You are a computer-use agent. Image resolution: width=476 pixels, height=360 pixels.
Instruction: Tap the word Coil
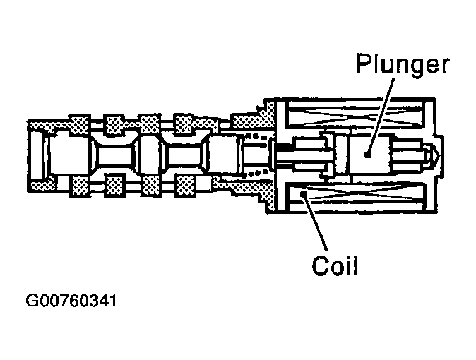335,267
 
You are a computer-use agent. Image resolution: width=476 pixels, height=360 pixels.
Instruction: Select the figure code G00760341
71,302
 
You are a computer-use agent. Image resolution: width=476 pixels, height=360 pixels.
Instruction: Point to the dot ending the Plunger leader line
368,152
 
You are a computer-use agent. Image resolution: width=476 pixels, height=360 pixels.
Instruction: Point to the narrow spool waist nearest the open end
114,155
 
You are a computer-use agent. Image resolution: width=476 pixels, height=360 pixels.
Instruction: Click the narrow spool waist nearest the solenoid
186,155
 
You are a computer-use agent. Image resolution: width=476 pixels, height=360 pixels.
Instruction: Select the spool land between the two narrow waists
150,155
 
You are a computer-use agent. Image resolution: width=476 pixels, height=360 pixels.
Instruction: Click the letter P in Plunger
363,65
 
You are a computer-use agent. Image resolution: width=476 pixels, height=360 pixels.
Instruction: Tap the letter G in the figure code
32,302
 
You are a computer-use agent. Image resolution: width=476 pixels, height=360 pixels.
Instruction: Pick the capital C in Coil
320,267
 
